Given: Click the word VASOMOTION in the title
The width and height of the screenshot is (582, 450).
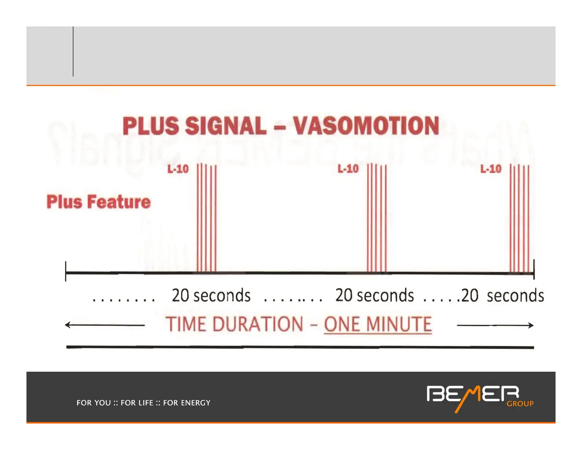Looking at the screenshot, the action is click(366, 126).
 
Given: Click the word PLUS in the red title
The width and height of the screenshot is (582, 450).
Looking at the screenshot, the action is click(151, 126).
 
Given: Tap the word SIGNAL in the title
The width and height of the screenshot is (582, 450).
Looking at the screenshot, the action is click(226, 126).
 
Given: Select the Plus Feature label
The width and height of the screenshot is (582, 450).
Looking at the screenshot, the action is click(98, 201).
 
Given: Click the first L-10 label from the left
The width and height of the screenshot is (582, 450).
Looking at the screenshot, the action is click(178, 169).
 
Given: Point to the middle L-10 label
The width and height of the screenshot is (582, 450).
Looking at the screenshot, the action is click(348, 169).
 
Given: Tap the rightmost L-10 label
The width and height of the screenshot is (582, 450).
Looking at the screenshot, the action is click(491, 169).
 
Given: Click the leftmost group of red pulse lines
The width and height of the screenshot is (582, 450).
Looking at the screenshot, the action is click(206, 218).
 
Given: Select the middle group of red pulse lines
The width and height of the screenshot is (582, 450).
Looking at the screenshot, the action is click(377, 218).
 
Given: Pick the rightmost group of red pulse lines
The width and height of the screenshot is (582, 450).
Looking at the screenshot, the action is click(520, 218).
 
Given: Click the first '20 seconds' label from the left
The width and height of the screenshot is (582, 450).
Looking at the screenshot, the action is click(211, 295).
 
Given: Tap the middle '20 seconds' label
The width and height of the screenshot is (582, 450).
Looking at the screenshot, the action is click(374, 295).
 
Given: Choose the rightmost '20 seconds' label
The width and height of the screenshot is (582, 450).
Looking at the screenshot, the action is click(503, 296).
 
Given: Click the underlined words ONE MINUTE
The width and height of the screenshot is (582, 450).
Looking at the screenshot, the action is click(378, 324).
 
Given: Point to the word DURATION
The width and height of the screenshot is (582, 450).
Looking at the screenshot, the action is click(258, 324).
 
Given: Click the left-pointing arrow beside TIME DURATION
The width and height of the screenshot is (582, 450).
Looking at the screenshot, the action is click(105, 325).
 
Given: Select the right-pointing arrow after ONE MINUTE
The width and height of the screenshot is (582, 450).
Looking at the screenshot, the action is click(495, 325).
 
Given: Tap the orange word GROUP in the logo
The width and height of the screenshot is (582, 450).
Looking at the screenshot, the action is click(520, 404).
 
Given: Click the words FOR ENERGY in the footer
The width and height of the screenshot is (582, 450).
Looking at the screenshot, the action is click(187, 403).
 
